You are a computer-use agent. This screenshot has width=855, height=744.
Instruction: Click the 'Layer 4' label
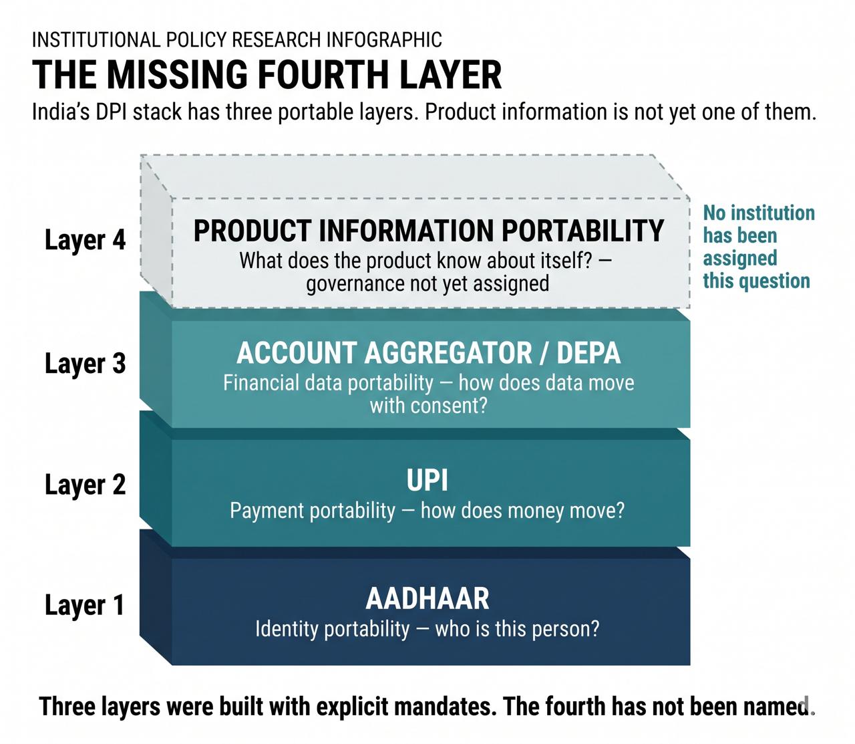click(85, 240)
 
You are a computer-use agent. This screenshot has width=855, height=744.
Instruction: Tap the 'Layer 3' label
click(85, 364)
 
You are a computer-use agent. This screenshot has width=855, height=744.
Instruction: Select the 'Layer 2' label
click(85, 485)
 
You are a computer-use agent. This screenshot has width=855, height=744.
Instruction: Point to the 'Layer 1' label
click(85, 605)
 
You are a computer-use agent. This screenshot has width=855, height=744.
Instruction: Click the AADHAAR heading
click(427, 598)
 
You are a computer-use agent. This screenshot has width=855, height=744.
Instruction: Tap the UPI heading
click(427, 480)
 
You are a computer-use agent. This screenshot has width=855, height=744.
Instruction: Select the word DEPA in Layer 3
click(588, 353)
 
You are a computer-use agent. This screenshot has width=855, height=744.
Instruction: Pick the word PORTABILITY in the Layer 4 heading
click(583, 231)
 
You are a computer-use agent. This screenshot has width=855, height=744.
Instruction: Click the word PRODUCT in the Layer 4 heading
click(252, 231)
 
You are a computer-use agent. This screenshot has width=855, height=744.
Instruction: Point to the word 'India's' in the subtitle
click(60, 112)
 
